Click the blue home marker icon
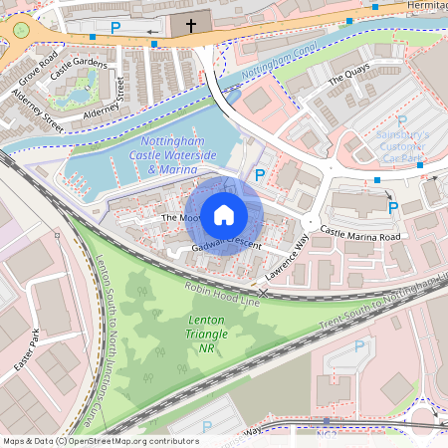tap(223, 214)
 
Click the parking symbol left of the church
tap(115, 29)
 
